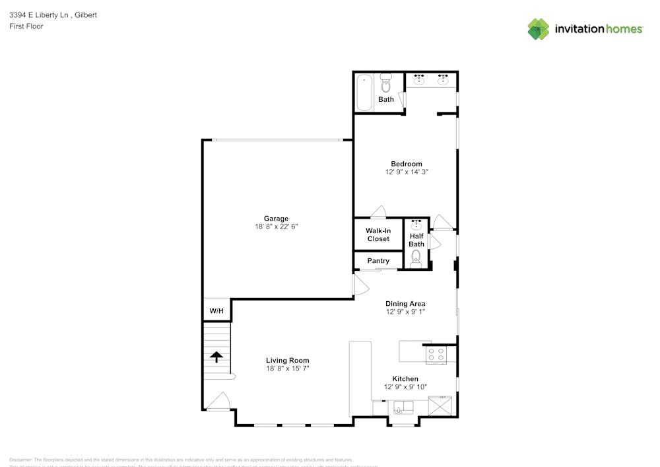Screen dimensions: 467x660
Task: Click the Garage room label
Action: (276, 219)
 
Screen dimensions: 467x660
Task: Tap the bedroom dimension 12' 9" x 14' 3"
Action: (406, 172)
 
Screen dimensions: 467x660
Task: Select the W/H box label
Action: (216, 310)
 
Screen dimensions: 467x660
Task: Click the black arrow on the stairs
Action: (216, 357)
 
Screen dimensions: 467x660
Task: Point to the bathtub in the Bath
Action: (364, 93)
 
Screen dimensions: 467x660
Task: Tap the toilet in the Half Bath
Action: (416, 258)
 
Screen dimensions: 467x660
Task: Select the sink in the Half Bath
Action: (416, 225)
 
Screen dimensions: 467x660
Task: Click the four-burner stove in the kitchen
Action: (436, 355)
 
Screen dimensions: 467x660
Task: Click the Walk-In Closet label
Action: (378, 234)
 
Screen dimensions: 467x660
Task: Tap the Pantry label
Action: (378, 261)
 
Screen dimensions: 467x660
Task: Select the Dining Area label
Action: (405, 304)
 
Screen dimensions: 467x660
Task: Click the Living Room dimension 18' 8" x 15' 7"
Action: (288, 368)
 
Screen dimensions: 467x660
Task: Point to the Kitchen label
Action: (405, 379)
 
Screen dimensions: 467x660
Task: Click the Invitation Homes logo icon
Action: (539, 29)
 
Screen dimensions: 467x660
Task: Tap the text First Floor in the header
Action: (26, 26)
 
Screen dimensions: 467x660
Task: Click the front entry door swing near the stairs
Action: (220, 401)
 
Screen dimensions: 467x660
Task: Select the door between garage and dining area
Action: (360, 285)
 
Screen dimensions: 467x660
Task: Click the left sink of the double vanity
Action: (419, 81)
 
